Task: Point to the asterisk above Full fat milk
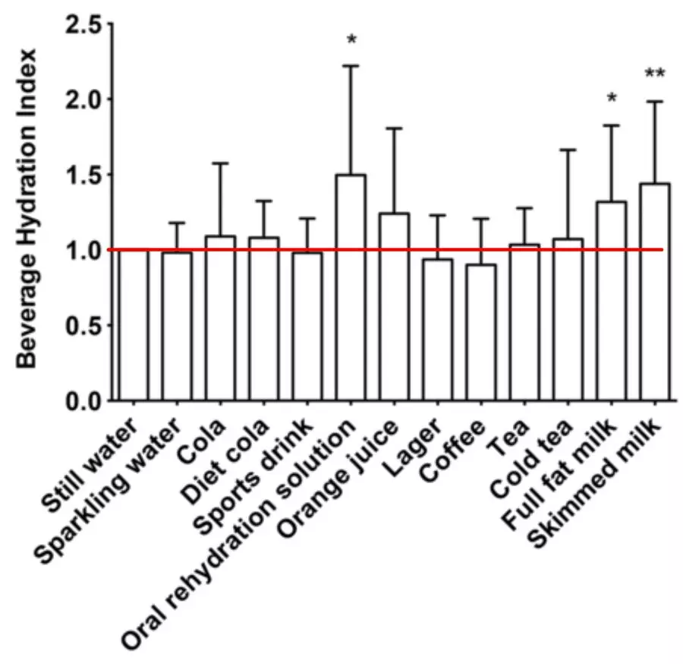[612, 100]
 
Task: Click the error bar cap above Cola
[221, 163]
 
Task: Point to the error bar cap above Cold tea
[568, 150]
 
